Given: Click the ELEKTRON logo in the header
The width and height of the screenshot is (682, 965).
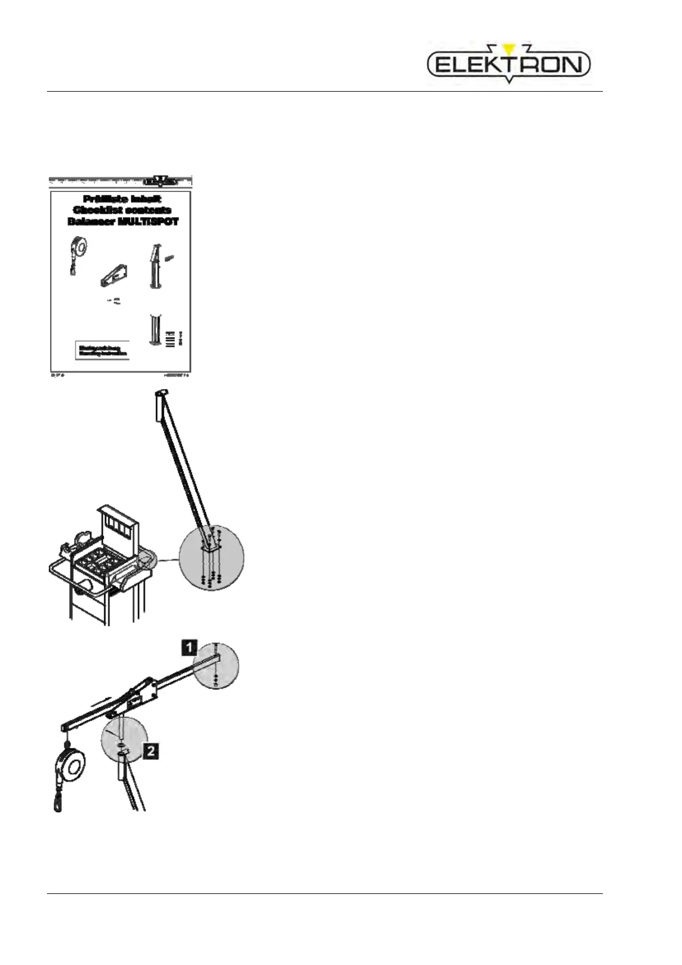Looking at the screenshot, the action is [x=508, y=64].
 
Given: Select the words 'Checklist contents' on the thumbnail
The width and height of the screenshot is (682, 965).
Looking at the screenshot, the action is [x=121, y=210].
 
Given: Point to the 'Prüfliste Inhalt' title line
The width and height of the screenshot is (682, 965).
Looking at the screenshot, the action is [x=121, y=199].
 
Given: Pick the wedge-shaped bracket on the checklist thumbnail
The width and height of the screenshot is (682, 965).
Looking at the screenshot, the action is [x=114, y=276].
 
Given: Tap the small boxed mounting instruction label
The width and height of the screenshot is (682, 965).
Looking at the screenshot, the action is [x=102, y=350].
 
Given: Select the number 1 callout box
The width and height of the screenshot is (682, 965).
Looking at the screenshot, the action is [x=189, y=648].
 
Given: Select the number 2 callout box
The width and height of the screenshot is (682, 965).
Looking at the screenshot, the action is [x=150, y=750].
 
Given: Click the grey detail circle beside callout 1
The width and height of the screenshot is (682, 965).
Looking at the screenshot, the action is [x=215, y=666].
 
